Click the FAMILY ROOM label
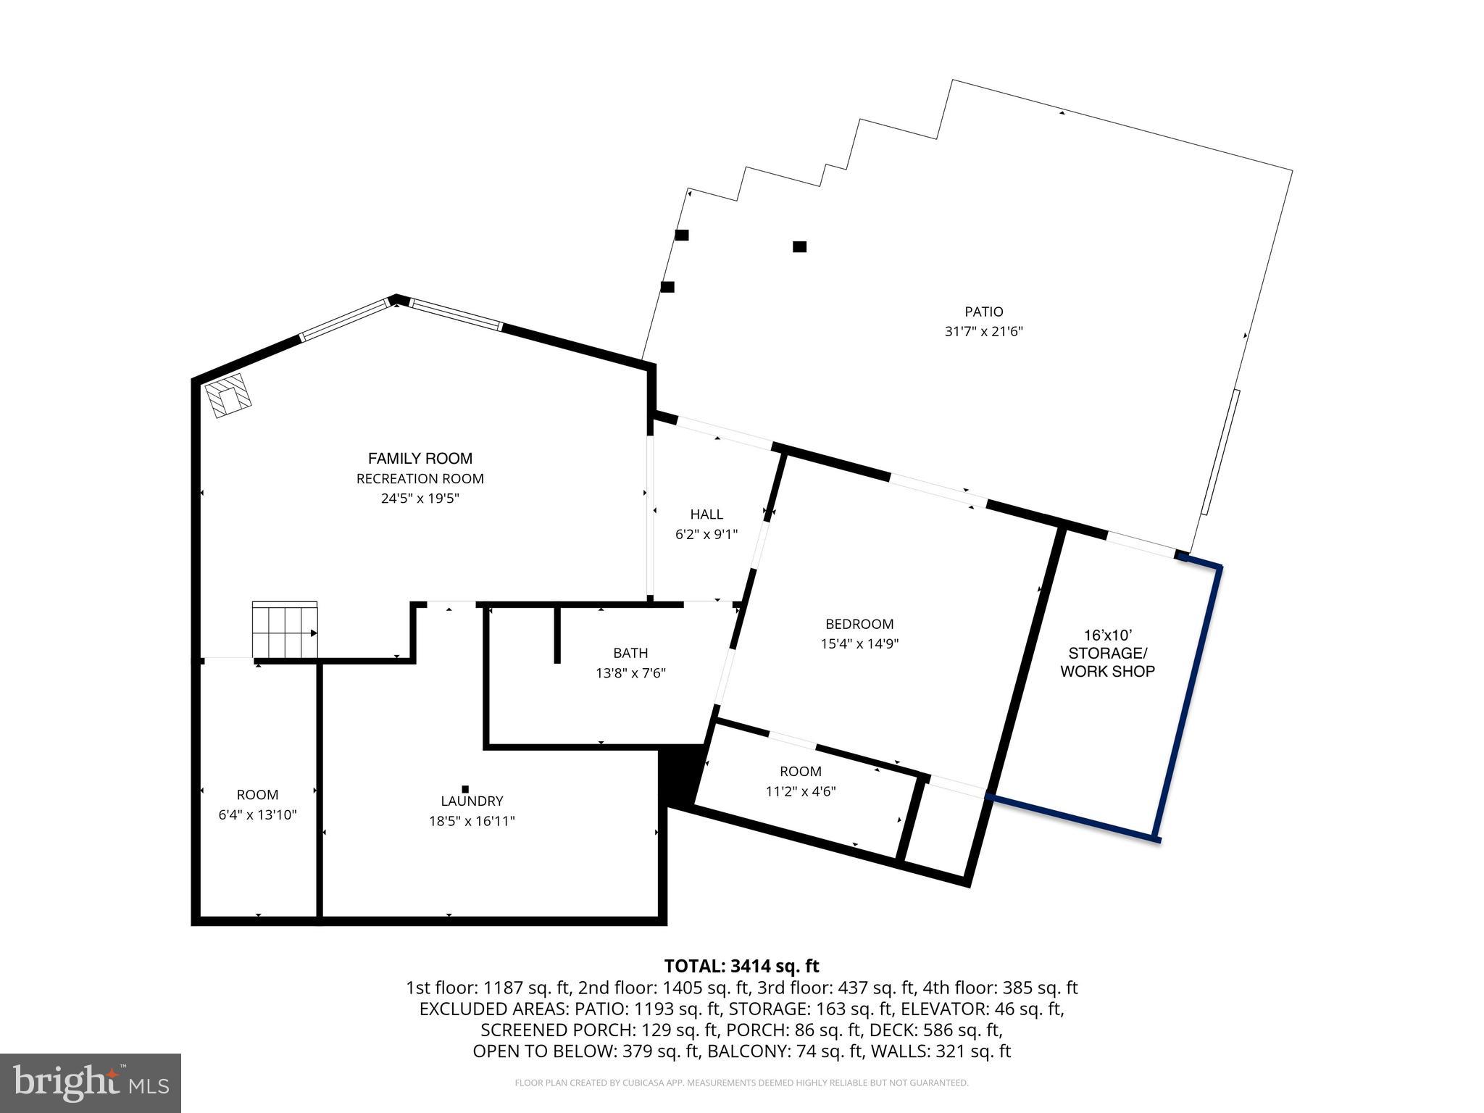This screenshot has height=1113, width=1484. tap(420, 458)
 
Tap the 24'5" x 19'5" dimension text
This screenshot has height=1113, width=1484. tap(420, 499)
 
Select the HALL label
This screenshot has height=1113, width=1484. tap(706, 514)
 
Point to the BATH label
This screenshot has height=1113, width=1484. tap(630, 653)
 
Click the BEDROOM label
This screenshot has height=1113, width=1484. tap(859, 624)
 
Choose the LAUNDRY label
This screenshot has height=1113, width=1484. tap(472, 801)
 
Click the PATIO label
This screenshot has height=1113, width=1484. tap(983, 312)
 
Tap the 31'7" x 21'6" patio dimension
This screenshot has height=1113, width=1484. tap(983, 332)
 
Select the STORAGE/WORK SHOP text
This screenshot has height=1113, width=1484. tap(1107, 662)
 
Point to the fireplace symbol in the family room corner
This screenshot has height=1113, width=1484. tap(228, 396)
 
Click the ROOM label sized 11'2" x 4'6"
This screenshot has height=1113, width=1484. tap(801, 772)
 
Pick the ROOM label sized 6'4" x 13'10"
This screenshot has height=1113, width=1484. tap(257, 795)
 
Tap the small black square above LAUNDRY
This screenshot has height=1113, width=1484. tap(465, 789)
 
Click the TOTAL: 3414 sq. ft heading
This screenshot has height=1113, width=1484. tap(741, 966)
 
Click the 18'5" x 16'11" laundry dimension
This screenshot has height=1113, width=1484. tap(472, 821)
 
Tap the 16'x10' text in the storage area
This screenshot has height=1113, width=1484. tap(1107, 635)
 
